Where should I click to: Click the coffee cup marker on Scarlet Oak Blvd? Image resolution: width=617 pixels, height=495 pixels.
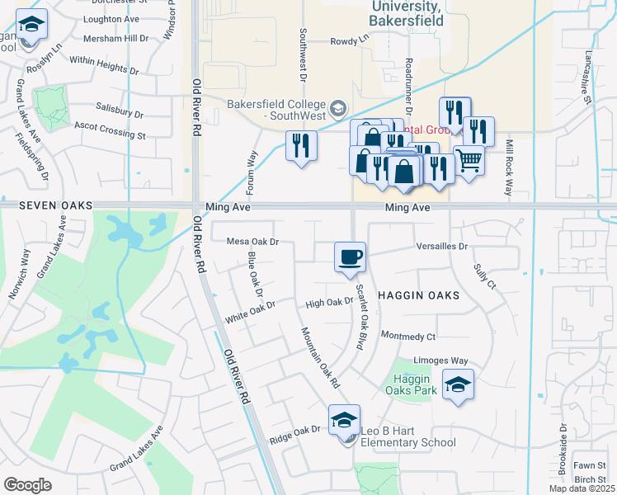pos(350,256)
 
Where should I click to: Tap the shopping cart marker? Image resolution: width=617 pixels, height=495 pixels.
pos(469,160)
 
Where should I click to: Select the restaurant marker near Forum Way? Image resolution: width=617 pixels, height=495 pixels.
pos(301,146)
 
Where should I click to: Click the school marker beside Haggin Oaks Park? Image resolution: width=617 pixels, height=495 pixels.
pos(459,385)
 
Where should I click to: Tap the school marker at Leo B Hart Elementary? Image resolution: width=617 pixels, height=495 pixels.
pos(345,420)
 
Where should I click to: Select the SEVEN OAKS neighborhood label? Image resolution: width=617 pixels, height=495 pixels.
pos(55,205)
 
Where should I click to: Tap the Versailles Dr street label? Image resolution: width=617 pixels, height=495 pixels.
pos(442,246)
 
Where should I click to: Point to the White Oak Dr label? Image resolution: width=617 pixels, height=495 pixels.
pos(248,310)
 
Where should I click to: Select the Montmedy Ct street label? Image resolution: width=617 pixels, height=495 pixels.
pos(407,336)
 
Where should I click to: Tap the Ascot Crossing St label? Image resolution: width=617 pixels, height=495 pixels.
pos(110,130)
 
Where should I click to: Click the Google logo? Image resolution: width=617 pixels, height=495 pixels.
pos(27,485)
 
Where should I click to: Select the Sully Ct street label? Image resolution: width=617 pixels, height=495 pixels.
pos(484,276)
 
